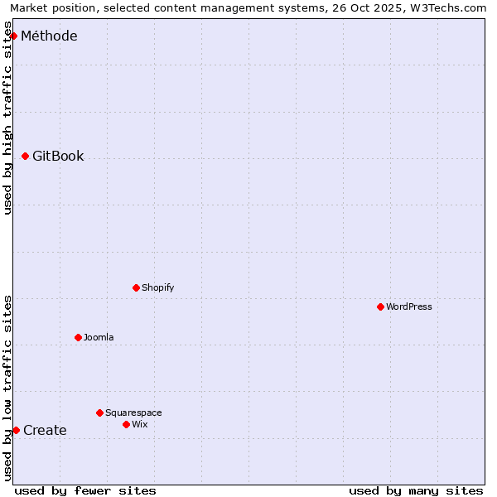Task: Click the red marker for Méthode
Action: (x=13, y=36)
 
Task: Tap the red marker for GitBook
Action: (x=25, y=156)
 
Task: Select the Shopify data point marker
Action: (x=136, y=287)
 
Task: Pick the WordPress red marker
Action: (x=380, y=306)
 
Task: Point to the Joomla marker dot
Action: (x=78, y=337)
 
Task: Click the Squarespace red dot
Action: (x=99, y=413)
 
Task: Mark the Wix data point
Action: (x=126, y=424)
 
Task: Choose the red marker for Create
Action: (x=16, y=430)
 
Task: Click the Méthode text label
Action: (x=49, y=36)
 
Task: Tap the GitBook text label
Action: (x=58, y=156)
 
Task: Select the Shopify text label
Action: (x=157, y=287)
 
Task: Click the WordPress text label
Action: (x=408, y=306)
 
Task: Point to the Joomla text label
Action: (x=99, y=337)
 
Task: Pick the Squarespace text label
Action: (x=133, y=413)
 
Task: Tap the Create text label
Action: (x=45, y=430)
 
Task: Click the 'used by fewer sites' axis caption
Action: (x=85, y=490)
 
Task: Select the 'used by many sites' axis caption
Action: (x=416, y=490)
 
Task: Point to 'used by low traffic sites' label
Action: (x=7, y=388)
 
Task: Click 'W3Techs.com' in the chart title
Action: (x=450, y=7)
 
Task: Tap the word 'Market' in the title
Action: (x=29, y=7)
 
